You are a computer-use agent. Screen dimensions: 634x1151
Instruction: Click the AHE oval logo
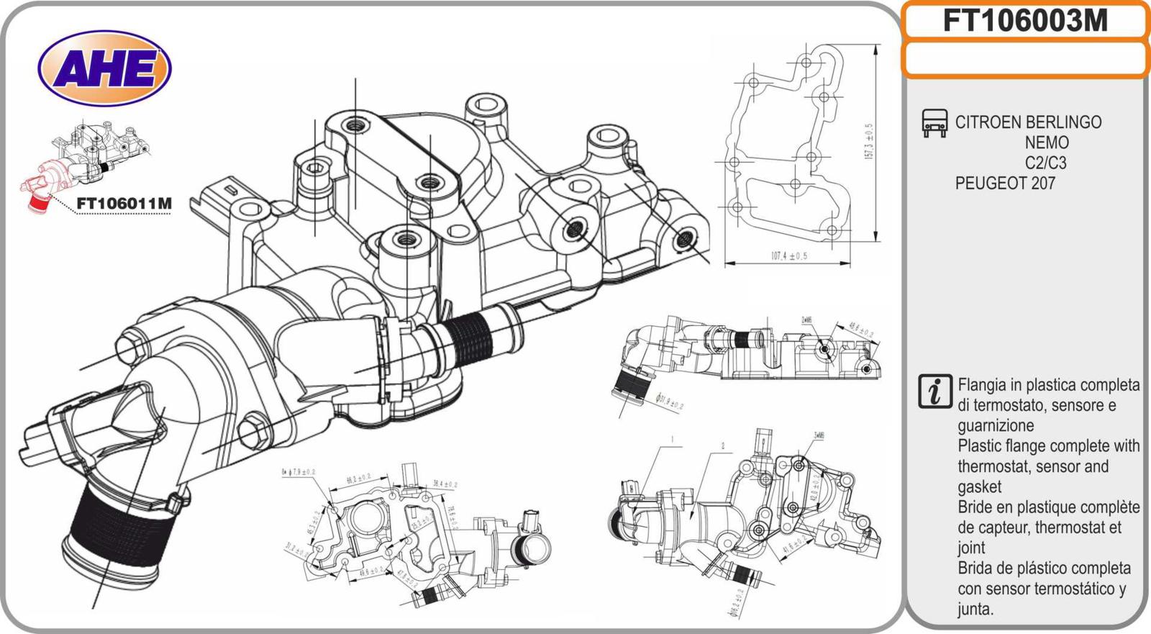(104, 68)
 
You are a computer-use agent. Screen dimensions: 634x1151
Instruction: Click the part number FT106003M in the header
(1024, 22)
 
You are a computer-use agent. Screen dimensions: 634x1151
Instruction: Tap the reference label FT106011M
(124, 204)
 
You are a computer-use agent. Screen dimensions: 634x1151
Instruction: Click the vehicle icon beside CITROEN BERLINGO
(934, 123)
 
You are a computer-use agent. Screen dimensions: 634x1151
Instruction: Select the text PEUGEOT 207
(1004, 184)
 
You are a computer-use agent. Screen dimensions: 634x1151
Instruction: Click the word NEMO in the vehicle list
(1046, 142)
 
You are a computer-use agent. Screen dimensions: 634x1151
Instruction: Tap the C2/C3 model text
(1045, 163)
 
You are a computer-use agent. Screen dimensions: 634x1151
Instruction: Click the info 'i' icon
(934, 391)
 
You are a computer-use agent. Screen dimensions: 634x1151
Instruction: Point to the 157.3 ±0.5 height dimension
(868, 141)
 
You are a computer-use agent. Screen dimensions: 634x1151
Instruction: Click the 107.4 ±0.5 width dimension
(789, 255)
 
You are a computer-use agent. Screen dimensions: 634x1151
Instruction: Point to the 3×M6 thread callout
(818, 435)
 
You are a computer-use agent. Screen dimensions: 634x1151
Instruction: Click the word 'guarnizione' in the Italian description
(995, 425)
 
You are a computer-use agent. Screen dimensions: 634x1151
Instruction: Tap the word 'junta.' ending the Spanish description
(975, 609)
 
